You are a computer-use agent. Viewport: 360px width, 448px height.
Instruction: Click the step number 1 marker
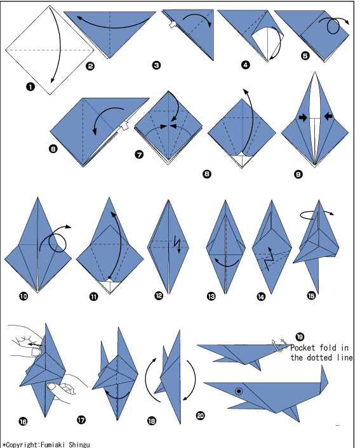tap(30, 86)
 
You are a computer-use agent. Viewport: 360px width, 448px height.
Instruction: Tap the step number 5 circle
tap(305, 55)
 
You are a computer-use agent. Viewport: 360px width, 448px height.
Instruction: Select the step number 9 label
tap(298, 174)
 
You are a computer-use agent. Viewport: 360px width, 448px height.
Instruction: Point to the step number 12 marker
tap(159, 296)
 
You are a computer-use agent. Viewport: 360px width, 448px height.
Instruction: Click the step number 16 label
tap(23, 421)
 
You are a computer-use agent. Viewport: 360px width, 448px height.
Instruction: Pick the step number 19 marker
tap(300, 336)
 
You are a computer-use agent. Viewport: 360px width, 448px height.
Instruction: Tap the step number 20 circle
tap(201, 416)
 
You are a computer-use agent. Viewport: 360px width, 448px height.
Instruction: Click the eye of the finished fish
tap(239, 391)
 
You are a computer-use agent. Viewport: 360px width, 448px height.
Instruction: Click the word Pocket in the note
tap(303, 348)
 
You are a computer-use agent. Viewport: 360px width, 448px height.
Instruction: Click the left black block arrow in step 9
tap(302, 117)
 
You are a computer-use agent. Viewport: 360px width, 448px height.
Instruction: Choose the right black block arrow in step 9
tap(329, 116)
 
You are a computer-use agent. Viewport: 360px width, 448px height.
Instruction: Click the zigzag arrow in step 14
tap(269, 259)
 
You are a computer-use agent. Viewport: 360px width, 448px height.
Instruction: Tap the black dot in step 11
tap(109, 277)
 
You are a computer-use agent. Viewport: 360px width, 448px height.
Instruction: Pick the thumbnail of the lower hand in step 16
tap(52, 386)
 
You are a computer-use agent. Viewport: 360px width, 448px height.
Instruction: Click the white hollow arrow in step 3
tap(172, 25)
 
